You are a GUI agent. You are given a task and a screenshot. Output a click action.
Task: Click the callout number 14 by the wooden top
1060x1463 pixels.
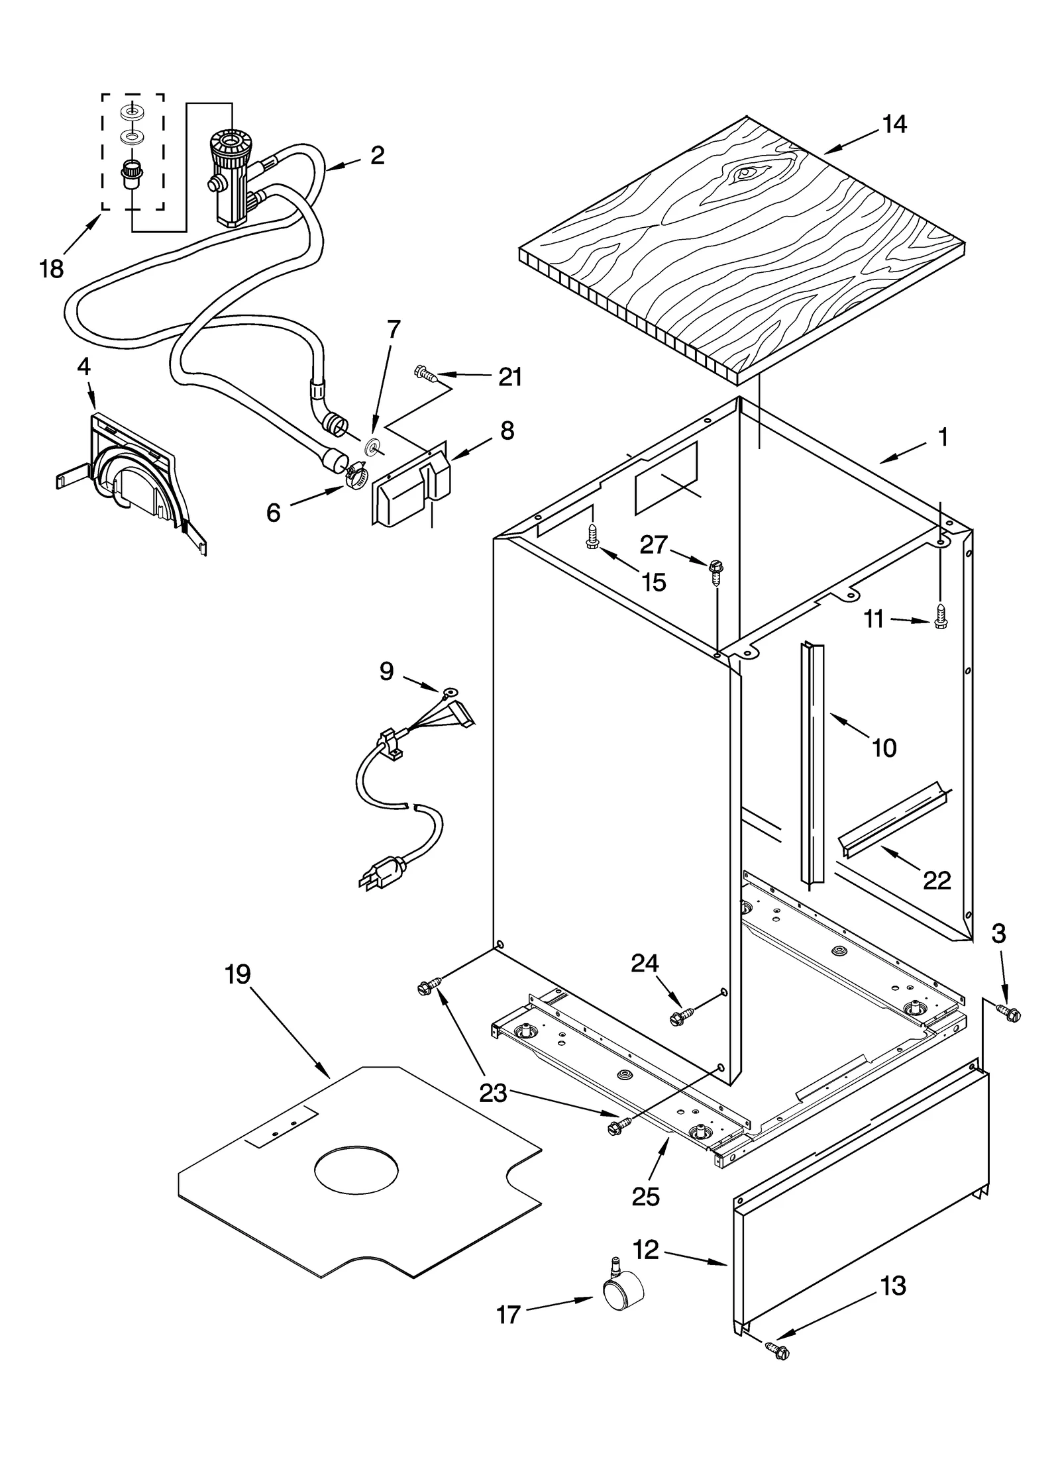(894, 125)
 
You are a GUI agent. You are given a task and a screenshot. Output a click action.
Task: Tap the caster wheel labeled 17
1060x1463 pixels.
(623, 1290)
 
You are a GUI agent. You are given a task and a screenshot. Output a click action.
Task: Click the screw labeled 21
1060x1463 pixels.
(425, 375)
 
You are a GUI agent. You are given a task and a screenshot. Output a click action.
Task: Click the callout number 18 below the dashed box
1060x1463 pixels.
(52, 269)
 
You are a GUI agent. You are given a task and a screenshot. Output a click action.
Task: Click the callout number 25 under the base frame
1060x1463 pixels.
(645, 1197)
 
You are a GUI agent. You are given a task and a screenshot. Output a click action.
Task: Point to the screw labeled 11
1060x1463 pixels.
(941, 621)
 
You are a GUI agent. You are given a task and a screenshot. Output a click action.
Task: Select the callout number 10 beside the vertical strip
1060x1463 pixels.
(884, 748)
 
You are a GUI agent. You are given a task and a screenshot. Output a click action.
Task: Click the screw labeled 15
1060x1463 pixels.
(592, 537)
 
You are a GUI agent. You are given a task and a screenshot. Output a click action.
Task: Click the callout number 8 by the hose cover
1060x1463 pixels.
(507, 431)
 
